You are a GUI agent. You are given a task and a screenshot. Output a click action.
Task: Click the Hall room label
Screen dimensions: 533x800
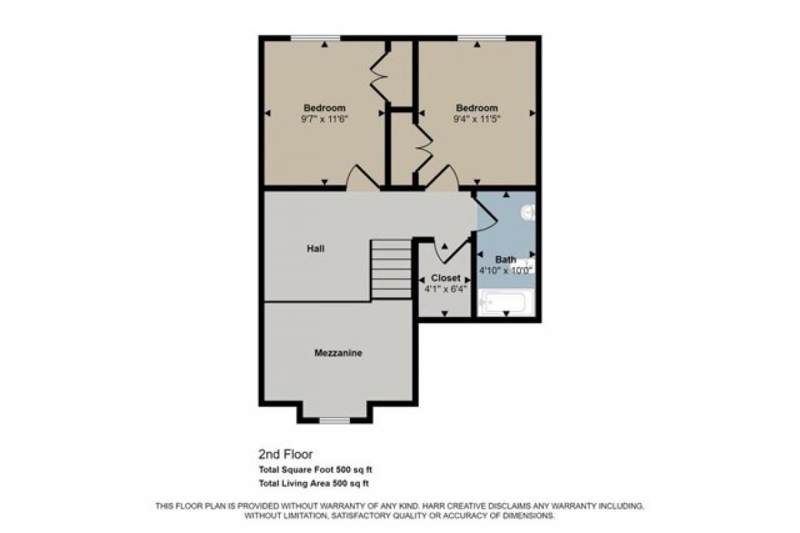pyautogui.click(x=315, y=248)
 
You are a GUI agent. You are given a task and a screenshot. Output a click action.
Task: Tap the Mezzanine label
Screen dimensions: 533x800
pyautogui.click(x=338, y=353)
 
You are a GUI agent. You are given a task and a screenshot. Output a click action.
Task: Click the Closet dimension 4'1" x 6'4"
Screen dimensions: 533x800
pyautogui.click(x=445, y=289)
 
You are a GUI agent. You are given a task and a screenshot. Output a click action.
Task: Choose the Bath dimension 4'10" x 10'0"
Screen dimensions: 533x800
pyautogui.click(x=505, y=270)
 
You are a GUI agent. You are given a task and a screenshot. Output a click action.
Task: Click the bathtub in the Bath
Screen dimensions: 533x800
pyautogui.click(x=505, y=302)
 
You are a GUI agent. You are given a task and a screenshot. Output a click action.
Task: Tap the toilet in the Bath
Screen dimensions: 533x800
pyautogui.click(x=529, y=214)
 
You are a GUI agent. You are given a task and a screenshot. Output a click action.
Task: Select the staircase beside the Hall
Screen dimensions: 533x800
pyautogui.click(x=391, y=269)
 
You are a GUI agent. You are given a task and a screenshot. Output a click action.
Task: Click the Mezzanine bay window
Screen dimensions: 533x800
pyautogui.click(x=335, y=420)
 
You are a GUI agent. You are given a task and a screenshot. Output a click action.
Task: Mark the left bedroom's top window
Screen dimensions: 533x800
pyautogui.click(x=315, y=38)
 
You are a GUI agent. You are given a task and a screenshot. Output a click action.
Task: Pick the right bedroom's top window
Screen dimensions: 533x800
pyautogui.click(x=481, y=38)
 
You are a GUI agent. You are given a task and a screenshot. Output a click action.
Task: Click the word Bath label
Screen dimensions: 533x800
pyautogui.click(x=505, y=259)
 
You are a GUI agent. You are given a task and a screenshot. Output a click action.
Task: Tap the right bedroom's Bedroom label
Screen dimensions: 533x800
pyautogui.click(x=477, y=108)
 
